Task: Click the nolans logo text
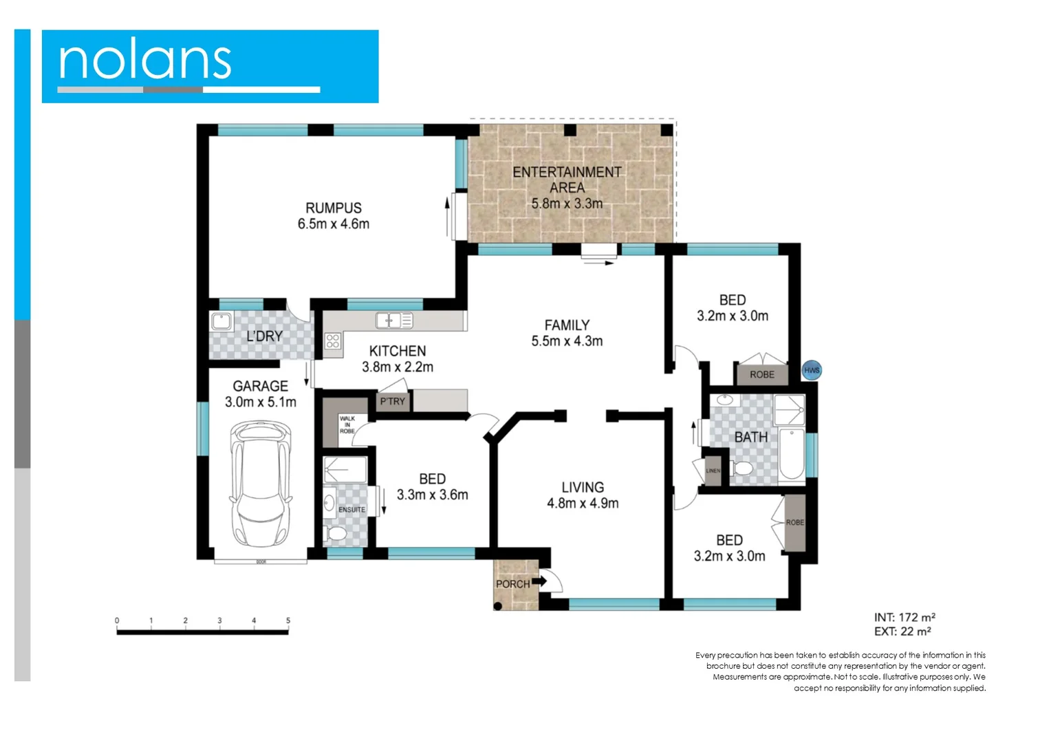point(145,61)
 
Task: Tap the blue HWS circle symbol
point(812,370)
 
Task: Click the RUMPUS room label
point(334,208)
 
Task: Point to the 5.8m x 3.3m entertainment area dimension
point(567,204)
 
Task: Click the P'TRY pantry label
point(393,401)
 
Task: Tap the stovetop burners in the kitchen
point(333,341)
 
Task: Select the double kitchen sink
point(394,320)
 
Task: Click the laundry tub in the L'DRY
point(221,321)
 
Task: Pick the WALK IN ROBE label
point(347,424)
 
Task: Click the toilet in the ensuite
point(336,534)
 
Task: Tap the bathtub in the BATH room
point(792,453)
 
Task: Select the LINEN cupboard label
point(713,471)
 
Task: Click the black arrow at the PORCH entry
point(539,581)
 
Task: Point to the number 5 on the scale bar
point(288,621)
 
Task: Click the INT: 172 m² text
point(904,617)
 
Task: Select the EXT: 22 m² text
point(902,632)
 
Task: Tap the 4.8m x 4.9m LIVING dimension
point(583,504)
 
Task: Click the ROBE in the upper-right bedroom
point(761,374)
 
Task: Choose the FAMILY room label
point(567,325)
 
